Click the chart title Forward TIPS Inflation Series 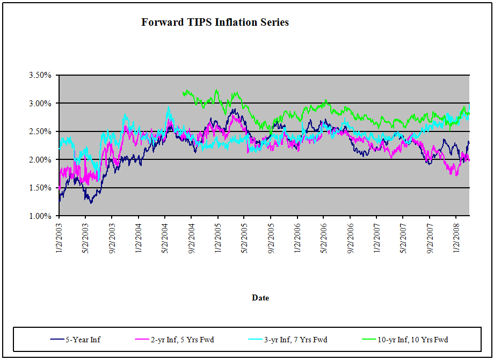point(215,23)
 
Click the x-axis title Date point(260,298)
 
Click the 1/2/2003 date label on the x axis point(59,237)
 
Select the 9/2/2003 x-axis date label point(112,237)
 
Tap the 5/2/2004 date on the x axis point(165,237)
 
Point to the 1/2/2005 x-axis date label point(218,237)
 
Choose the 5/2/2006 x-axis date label point(324,237)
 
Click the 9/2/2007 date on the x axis point(430,237)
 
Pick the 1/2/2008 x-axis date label point(456,237)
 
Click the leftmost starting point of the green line point(183,93)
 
